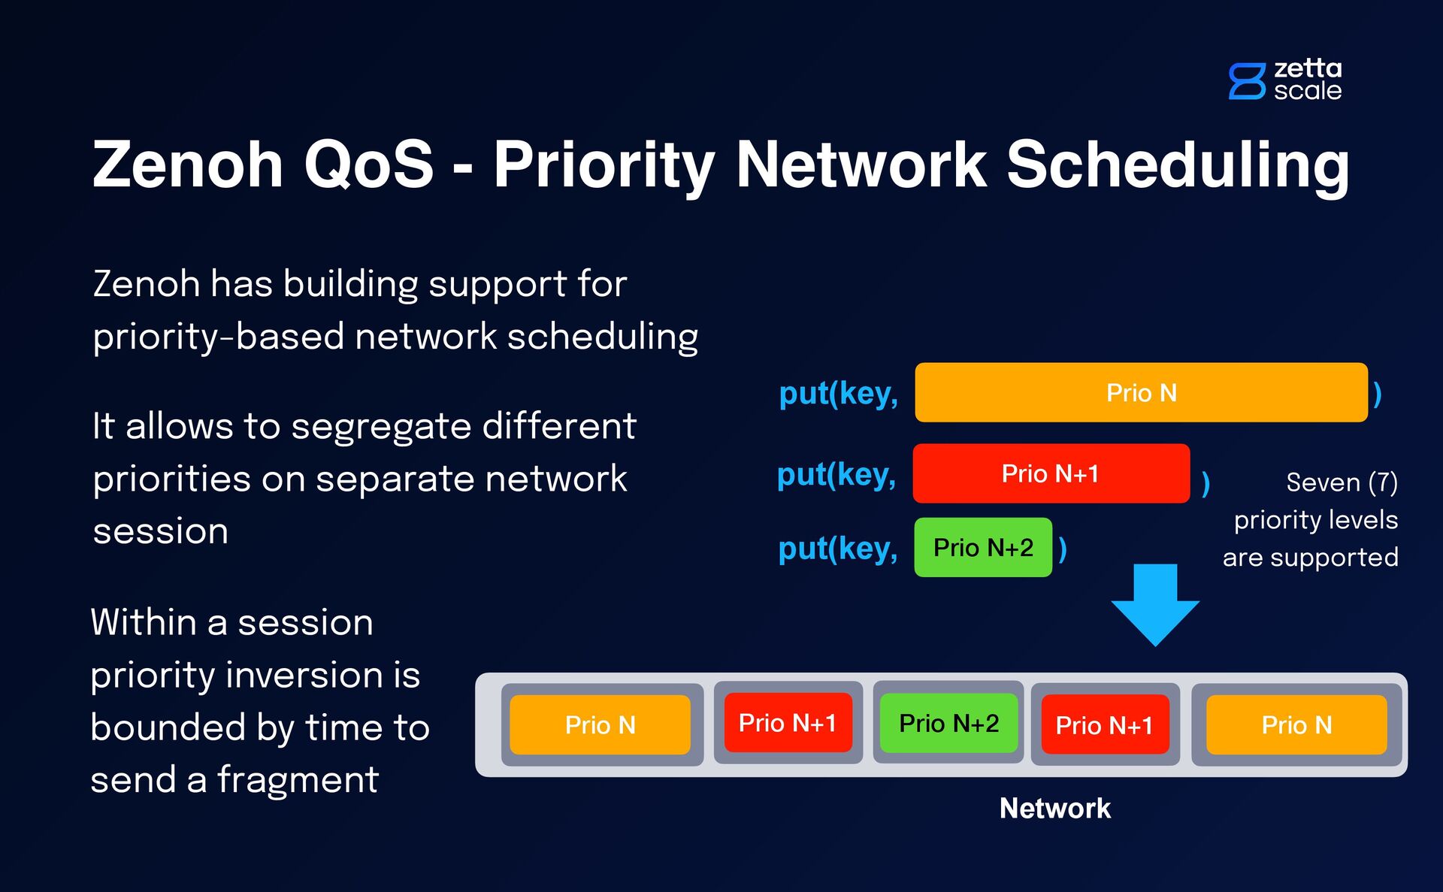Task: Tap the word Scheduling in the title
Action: [1178, 165]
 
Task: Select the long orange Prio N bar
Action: [1141, 392]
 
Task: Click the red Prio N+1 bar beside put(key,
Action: [1051, 473]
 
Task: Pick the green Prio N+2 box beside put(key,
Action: [983, 547]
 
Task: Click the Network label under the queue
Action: [1054, 808]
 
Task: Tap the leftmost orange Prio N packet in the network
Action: [600, 724]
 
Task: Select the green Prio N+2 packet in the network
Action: [948, 723]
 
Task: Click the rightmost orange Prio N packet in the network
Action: [1296, 724]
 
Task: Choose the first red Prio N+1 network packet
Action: [788, 722]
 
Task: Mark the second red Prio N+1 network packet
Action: [1105, 724]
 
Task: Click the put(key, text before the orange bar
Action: [839, 393]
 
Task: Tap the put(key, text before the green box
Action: [838, 548]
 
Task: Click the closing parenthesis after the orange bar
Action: [1377, 394]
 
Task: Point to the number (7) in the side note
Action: [1383, 482]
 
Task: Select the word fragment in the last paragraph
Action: [298, 779]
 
